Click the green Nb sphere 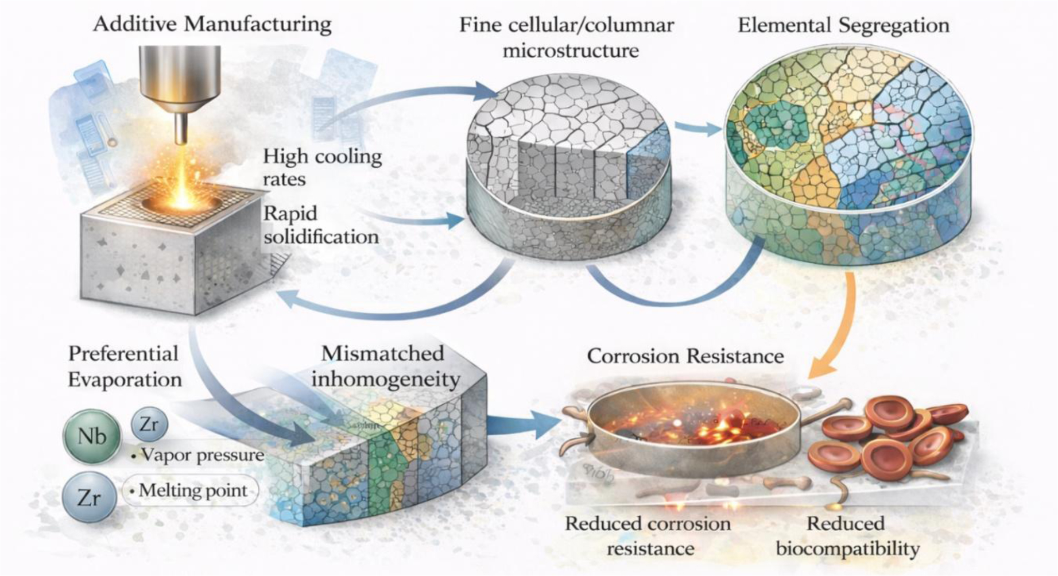pyautogui.click(x=92, y=436)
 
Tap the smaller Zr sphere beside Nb pyautogui.click(x=149, y=424)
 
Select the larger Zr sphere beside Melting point pyautogui.click(x=89, y=497)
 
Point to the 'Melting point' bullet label pyautogui.click(x=192, y=490)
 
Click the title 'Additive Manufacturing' pyautogui.click(x=212, y=25)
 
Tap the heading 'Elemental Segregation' pyautogui.click(x=843, y=26)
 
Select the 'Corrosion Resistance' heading pyautogui.click(x=685, y=356)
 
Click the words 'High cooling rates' pyautogui.click(x=321, y=167)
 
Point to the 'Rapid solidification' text pyautogui.click(x=320, y=225)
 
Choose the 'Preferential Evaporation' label pyautogui.click(x=124, y=366)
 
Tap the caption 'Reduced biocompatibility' pyautogui.click(x=847, y=536)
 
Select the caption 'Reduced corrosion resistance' pyautogui.click(x=648, y=536)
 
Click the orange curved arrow pyautogui.click(x=838, y=333)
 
